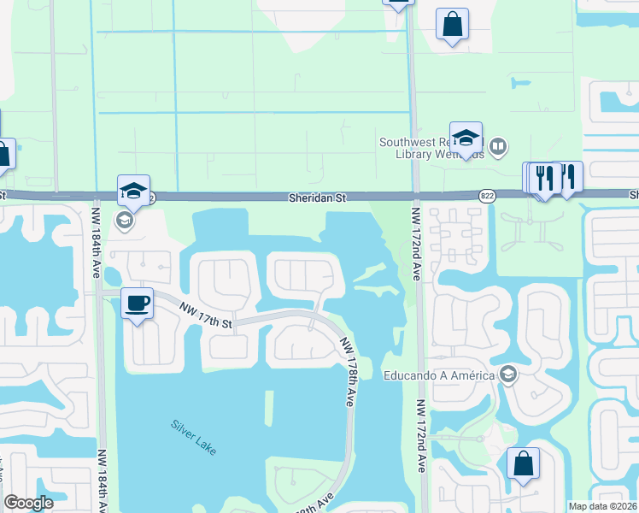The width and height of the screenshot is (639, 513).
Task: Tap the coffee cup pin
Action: (138, 303)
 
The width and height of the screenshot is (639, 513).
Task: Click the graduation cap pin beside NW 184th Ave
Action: (134, 190)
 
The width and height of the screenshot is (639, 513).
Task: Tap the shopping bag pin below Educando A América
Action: (523, 463)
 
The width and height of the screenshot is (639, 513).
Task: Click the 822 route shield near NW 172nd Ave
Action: (487, 196)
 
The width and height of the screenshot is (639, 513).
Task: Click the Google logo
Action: (28, 503)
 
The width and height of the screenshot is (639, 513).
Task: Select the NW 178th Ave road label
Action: (349, 369)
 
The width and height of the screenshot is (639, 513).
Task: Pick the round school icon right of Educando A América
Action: (508, 374)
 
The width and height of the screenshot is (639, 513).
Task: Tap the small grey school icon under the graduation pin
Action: (125, 221)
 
